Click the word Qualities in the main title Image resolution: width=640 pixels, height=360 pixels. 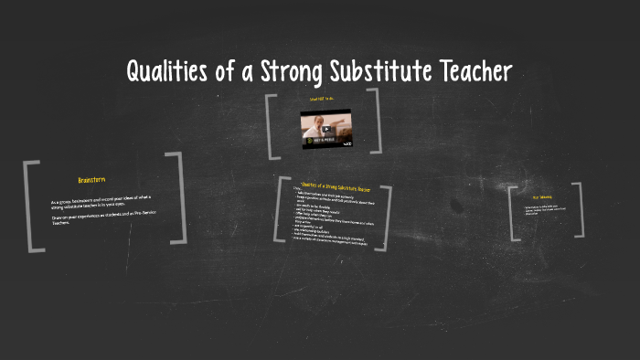tap(166, 71)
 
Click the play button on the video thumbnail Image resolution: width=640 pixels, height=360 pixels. tap(326, 129)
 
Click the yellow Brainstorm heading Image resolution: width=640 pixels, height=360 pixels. tap(92, 179)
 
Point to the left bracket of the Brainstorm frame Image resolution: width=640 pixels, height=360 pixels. tap(31, 206)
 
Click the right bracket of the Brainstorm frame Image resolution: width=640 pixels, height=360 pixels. tap(179, 198)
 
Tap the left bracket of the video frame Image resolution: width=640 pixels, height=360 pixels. tap(271, 125)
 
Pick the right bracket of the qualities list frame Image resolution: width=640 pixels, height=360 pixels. tap(386, 220)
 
